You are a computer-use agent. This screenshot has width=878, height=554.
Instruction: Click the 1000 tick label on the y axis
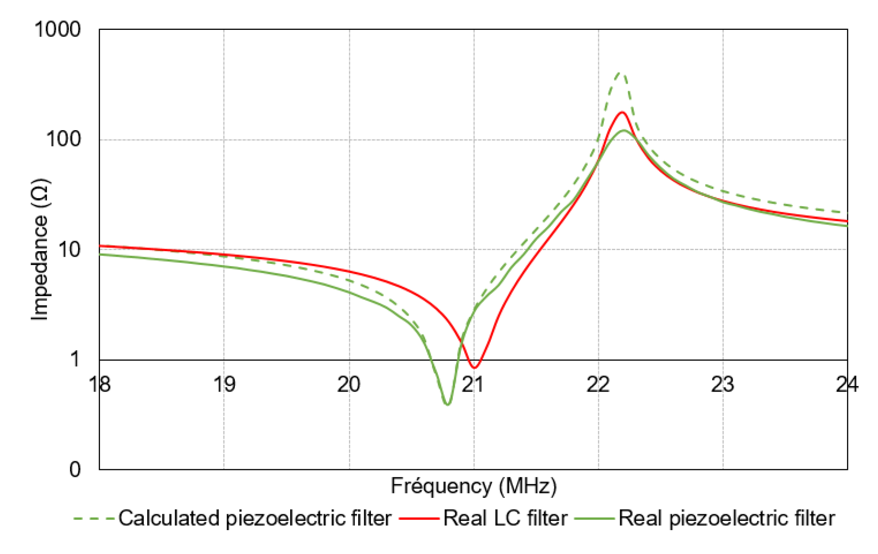coord(57,29)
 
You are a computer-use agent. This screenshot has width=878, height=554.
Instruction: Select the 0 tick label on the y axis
coord(75,470)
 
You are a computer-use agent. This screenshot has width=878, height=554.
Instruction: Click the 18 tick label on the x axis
coord(100,384)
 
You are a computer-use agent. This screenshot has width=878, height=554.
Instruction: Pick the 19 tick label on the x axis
coord(224,384)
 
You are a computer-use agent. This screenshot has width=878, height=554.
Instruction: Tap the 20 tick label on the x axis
coord(349,384)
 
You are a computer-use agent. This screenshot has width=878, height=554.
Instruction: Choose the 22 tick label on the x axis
coord(598,384)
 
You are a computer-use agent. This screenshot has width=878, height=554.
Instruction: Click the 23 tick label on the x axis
coord(722,384)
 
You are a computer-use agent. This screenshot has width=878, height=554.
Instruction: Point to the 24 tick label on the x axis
coord(847,384)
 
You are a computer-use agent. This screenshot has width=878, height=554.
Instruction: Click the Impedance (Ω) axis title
coord(40,250)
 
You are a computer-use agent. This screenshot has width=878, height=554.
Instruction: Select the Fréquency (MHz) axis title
coord(474,486)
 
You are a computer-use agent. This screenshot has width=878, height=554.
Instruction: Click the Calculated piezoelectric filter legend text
coord(255,519)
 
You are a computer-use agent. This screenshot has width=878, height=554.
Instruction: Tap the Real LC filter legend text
coord(505,519)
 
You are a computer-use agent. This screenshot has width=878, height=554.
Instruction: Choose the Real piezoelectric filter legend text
coord(726,519)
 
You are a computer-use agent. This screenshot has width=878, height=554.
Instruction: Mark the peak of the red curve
coord(622,112)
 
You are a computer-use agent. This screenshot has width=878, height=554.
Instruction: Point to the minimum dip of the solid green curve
coord(447,404)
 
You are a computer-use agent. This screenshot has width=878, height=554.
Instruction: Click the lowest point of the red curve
coord(474,367)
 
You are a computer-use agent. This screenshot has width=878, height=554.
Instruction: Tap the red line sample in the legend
coord(419,519)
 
